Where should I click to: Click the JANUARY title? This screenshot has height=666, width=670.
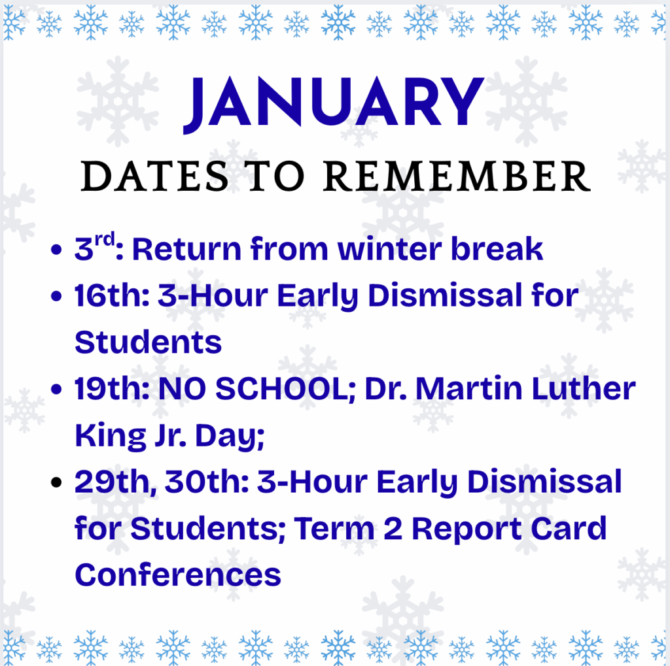pos(333,103)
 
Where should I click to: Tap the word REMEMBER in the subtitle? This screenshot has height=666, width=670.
pos(457,176)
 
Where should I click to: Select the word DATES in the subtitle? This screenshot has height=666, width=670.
pos(154,176)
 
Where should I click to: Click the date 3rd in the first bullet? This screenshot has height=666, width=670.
pos(94,247)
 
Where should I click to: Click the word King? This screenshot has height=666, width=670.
pos(110,437)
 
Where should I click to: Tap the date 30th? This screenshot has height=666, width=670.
pos(207,482)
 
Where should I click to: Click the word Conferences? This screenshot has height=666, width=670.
pos(178,574)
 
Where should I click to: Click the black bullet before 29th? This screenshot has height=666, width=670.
pos(56,482)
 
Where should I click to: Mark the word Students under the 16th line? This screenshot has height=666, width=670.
pos(149,342)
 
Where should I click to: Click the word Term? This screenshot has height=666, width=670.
pos(334,529)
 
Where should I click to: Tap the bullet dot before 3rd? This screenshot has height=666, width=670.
pos(56,249)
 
